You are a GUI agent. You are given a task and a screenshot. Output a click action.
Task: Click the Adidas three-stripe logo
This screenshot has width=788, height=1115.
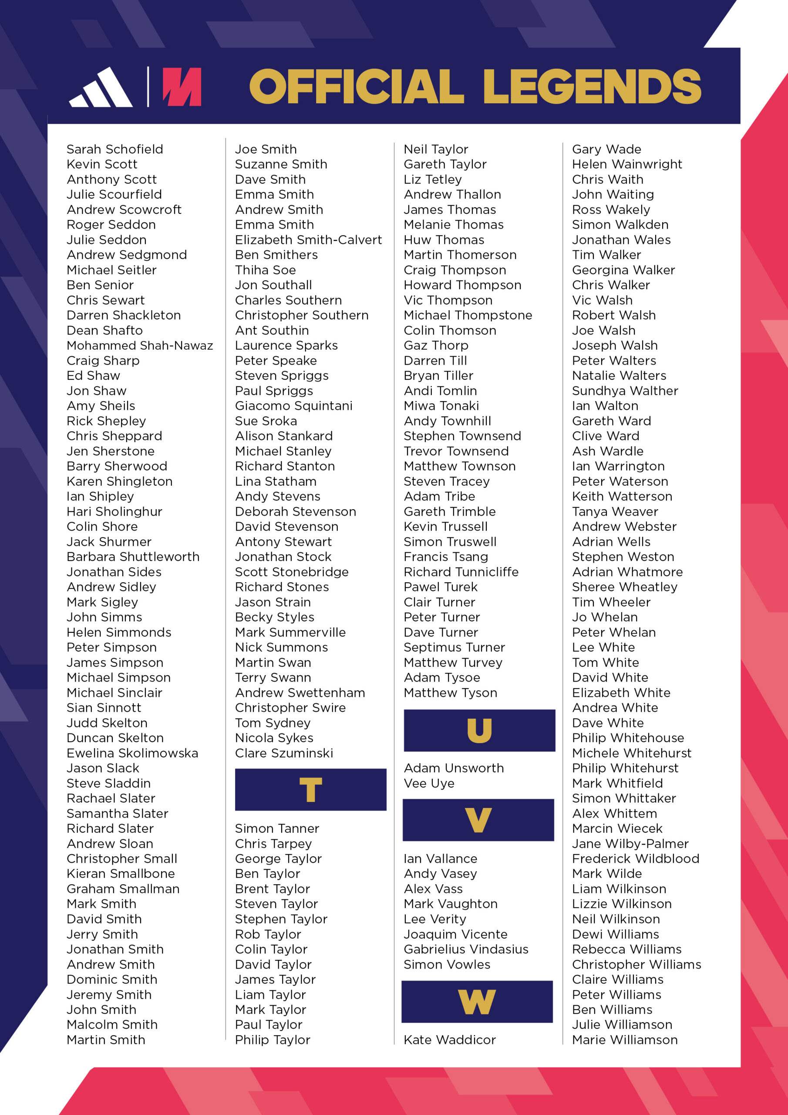[x=101, y=88]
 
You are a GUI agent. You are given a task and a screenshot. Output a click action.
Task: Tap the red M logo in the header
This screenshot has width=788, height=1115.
[x=182, y=87]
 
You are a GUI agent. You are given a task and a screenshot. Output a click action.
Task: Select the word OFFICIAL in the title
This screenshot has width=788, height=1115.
[x=357, y=86]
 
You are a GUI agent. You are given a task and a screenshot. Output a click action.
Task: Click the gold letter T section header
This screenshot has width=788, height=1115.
[x=310, y=790]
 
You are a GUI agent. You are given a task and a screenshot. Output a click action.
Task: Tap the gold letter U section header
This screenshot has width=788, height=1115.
[x=479, y=730]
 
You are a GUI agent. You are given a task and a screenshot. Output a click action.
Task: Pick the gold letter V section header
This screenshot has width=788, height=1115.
[x=478, y=820]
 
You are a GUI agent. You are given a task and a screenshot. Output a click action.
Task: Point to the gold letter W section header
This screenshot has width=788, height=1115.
[x=477, y=1002]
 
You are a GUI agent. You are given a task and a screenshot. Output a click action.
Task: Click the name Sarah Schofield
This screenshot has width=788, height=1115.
[x=114, y=149]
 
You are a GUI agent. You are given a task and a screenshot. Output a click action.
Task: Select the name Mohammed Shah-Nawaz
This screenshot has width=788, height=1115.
[x=140, y=345]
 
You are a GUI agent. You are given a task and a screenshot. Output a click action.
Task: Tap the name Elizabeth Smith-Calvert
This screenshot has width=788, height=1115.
[x=308, y=240]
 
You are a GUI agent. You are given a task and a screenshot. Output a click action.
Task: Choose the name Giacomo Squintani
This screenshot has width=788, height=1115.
[x=294, y=405]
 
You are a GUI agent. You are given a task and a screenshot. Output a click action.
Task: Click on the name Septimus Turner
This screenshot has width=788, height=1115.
[x=454, y=647]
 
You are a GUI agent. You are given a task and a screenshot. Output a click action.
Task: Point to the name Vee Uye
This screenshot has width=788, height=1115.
[x=429, y=783]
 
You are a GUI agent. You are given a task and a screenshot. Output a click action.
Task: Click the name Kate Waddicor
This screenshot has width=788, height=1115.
[x=450, y=1040]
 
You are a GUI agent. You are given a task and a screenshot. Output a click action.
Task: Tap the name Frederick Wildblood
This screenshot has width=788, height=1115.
[x=636, y=858]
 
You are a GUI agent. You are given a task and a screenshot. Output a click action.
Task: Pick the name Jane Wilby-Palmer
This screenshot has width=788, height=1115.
[x=630, y=844]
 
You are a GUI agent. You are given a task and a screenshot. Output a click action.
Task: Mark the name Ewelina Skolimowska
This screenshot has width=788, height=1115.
[x=132, y=753]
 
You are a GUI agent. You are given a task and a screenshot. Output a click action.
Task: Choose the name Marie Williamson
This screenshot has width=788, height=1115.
[x=625, y=1040]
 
